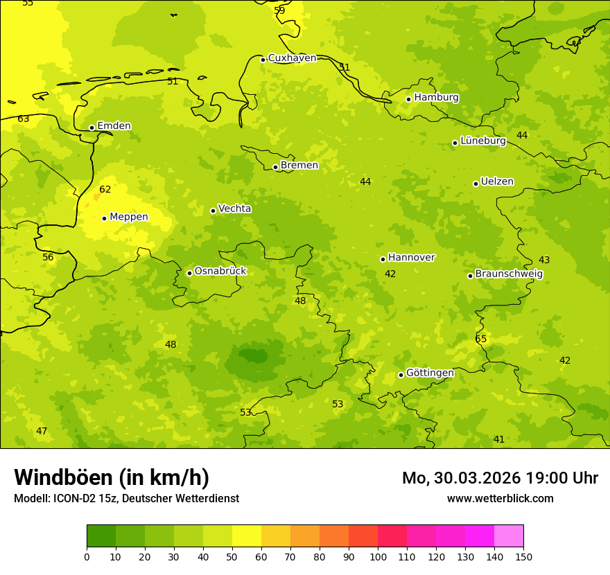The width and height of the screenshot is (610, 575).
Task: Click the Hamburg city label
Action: click(x=436, y=98)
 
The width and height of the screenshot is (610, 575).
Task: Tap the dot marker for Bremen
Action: click(x=275, y=167)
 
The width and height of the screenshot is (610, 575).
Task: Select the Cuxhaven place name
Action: click(x=292, y=58)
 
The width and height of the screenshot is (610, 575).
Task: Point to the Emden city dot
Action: click(x=91, y=127)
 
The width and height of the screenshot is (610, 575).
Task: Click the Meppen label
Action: click(x=128, y=217)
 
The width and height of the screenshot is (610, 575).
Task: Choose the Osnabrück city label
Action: click(x=220, y=271)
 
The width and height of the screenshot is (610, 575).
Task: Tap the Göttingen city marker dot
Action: click(x=401, y=375)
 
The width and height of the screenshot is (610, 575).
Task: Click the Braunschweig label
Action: click(x=509, y=274)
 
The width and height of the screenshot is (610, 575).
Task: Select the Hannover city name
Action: click(x=411, y=258)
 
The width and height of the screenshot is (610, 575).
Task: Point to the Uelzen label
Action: click(x=497, y=182)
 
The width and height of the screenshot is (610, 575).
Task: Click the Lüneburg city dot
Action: click(x=455, y=143)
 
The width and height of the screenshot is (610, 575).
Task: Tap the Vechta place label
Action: click(x=234, y=209)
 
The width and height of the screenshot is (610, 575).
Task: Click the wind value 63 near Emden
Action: click(x=24, y=119)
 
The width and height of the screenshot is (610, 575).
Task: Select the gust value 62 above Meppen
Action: click(x=105, y=189)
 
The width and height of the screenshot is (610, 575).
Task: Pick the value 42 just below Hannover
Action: click(x=390, y=274)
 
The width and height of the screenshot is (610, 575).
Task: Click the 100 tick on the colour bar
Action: click(x=378, y=556)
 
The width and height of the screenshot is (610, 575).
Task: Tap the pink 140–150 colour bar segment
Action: click(x=509, y=536)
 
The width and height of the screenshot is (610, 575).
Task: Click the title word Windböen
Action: click(x=63, y=477)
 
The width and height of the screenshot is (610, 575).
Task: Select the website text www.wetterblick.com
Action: click(x=500, y=498)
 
